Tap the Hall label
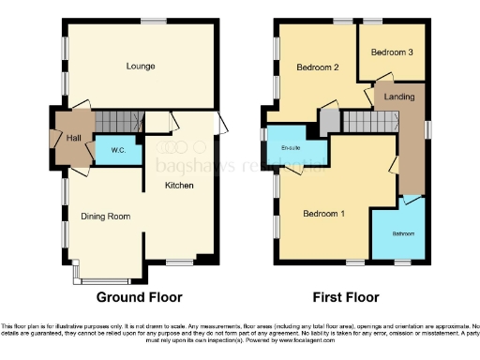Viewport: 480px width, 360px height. click(75, 138)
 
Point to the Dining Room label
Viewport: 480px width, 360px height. click(104, 215)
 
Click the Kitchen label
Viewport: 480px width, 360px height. click(179, 186)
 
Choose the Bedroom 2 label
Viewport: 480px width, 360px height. click(317, 67)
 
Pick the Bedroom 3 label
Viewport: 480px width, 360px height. click(392, 53)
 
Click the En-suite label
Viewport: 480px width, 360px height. click(291, 147)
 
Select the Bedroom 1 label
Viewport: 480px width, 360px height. click(323, 214)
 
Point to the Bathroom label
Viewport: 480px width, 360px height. click(403, 233)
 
